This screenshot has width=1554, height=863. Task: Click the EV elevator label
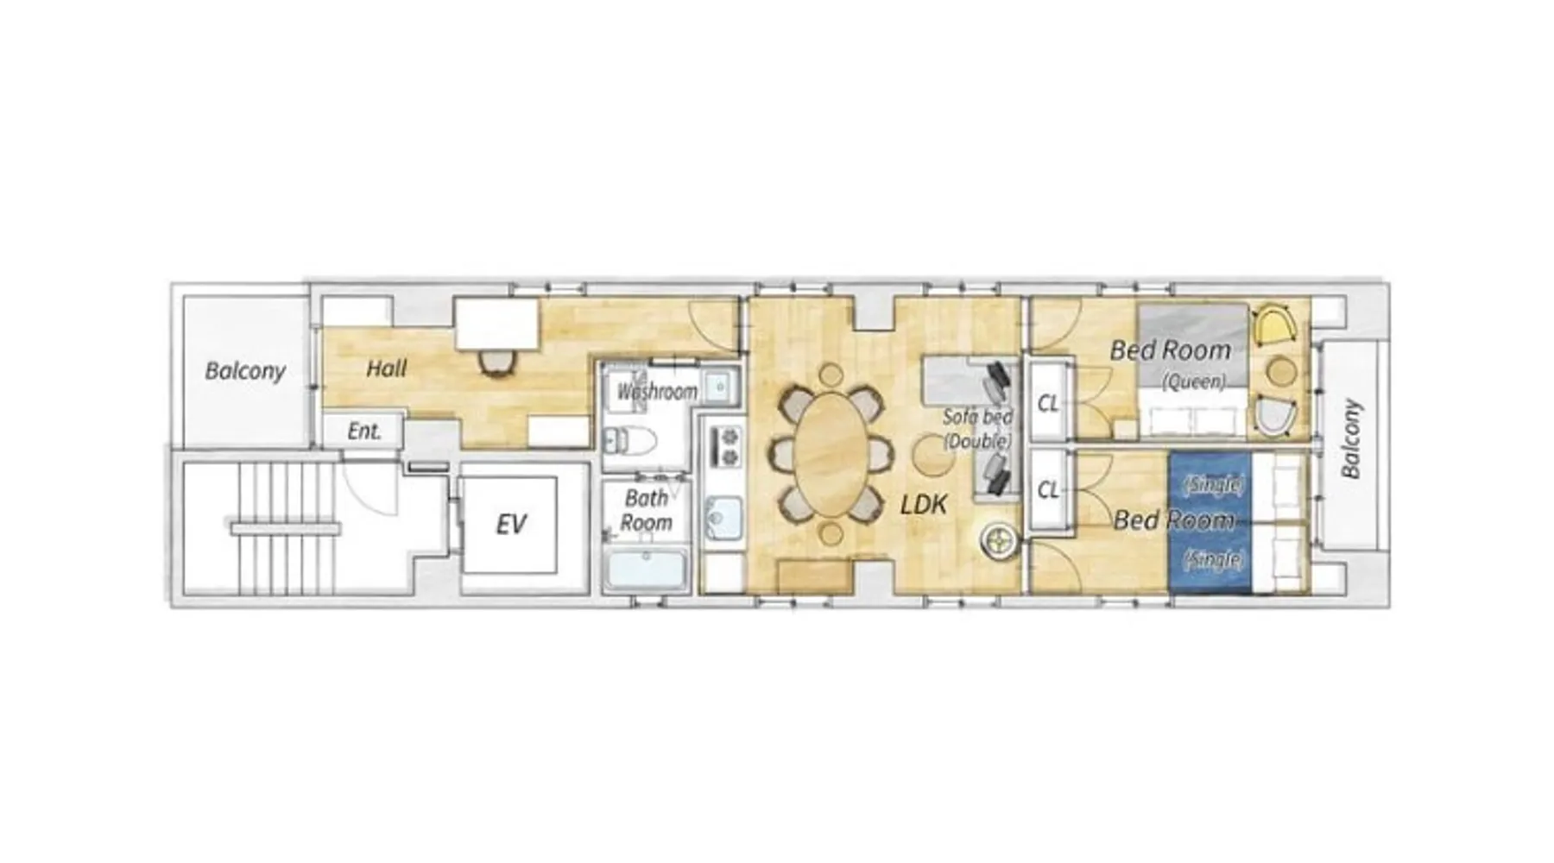(x=511, y=525)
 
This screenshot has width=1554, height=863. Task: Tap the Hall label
(x=386, y=369)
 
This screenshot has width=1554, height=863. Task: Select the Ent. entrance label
(x=364, y=431)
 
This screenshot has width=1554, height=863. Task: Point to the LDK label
(x=923, y=504)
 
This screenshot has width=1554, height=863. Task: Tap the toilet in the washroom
(x=629, y=441)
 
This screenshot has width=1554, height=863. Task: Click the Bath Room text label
(x=646, y=510)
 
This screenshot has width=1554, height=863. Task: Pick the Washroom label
(x=657, y=392)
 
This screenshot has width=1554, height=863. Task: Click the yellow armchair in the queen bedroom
(x=1275, y=326)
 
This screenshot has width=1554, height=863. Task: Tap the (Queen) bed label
(x=1193, y=381)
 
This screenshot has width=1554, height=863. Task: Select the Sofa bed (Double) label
(x=977, y=428)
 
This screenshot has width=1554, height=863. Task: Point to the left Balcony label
(x=245, y=371)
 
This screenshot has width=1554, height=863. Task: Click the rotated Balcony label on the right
(x=1350, y=438)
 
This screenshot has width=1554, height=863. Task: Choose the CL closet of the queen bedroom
(x=1048, y=403)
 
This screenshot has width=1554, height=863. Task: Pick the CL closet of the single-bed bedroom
(x=1048, y=489)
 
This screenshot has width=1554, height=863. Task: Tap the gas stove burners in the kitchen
(x=724, y=446)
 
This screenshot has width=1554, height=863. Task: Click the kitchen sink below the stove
(x=723, y=518)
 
